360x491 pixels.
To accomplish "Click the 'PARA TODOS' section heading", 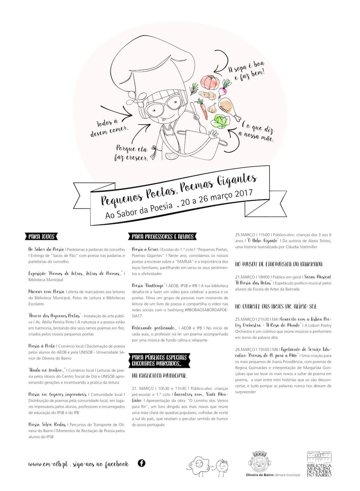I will [x=41, y=236].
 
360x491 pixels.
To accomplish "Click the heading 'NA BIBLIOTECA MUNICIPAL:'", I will [x=159, y=375].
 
